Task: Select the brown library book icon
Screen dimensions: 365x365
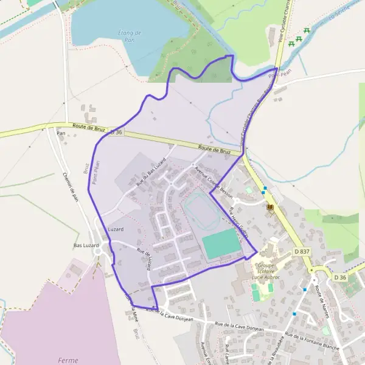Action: point(269,208)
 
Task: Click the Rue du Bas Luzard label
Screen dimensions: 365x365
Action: point(151,172)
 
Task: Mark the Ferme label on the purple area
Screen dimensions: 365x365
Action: point(68,360)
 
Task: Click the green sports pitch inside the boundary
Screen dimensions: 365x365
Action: point(221,243)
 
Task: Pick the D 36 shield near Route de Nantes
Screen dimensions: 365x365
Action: point(340,277)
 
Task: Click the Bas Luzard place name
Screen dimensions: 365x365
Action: point(86,245)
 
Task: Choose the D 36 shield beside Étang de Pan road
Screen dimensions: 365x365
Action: point(116,132)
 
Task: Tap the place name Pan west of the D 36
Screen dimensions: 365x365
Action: point(60,133)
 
